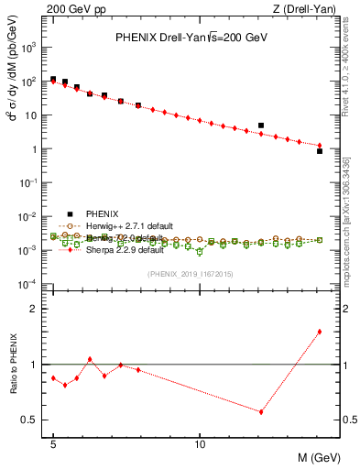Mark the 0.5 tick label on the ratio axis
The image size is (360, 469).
point(33,420)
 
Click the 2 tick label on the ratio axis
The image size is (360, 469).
point(38,309)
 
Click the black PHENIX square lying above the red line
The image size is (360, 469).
point(261,125)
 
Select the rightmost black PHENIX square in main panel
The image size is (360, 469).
point(320,151)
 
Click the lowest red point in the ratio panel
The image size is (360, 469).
point(261,412)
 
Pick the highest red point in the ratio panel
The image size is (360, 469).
point(320,332)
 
